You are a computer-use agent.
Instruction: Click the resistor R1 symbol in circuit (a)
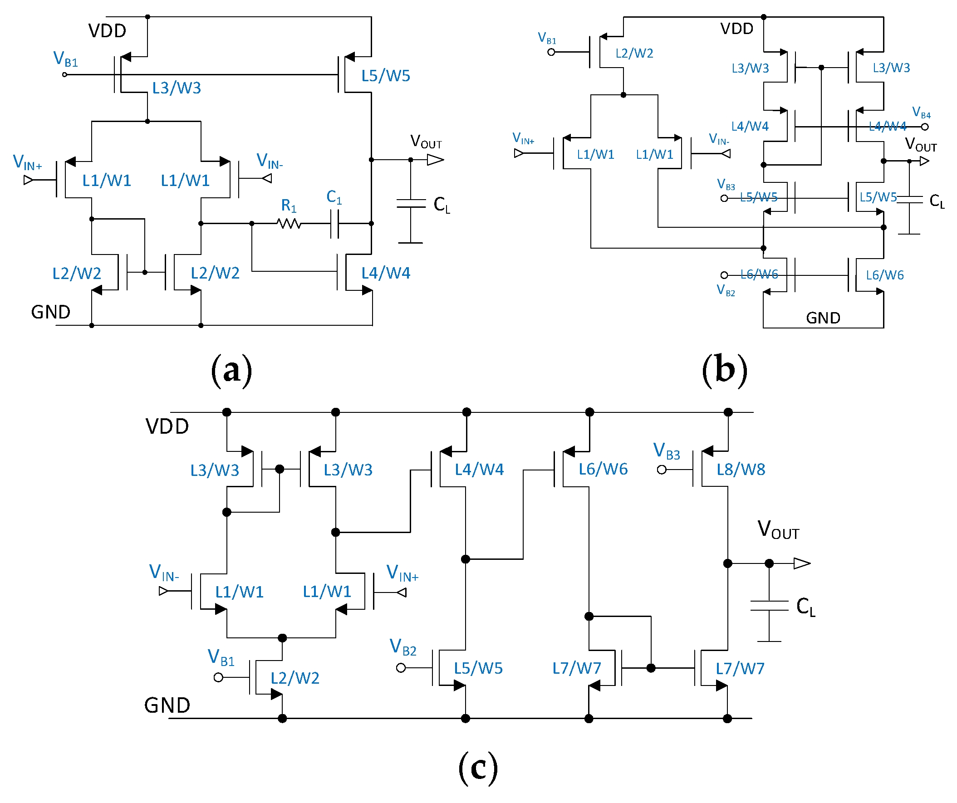pyautogui.click(x=289, y=223)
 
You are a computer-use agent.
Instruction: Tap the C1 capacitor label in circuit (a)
pyautogui.click(x=334, y=197)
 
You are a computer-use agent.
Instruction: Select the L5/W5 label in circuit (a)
pyautogui.click(x=386, y=76)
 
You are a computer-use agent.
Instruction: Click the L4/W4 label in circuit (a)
pyautogui.click(x=386, y=273)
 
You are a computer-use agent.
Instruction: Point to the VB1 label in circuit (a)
pyautogui.click(x=66, y=59)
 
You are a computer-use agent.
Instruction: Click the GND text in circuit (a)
pyautogui.click(x=50, y=312)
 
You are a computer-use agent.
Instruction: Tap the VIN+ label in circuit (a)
pyautogui.click(x=27, y=162)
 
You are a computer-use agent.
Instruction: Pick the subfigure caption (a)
pyautogui.click(x=231, y=370)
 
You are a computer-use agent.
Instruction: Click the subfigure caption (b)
pyautogui.click(x=725, y=370)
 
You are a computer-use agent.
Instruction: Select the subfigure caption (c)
pyautogui.click(x=477, y=768)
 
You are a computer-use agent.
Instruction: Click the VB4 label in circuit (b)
pyautogui.click(x=921, y=113)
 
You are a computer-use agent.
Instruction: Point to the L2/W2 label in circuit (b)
pyautogui.click(x=634, y=54)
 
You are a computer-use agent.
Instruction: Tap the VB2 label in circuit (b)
pyautogui.click(x=726, y=290)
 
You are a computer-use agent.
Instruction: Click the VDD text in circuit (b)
pyautogui.click(x=737, y=29)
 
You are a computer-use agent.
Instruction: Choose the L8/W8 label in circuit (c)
pyautogui.click(x=741, y=470)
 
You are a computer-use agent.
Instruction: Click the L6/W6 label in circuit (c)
pyautogui.click(x=603, y=469)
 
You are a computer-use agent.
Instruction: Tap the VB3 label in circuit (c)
pyautogui.click(x=667, y=451)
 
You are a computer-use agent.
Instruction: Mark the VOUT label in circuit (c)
pyautogui.click(x=778, y=530)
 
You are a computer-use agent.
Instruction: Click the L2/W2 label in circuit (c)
pyautogui.click(x=295, y=678)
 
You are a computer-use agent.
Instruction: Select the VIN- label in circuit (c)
pyautogui.click(x=164, y=573)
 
